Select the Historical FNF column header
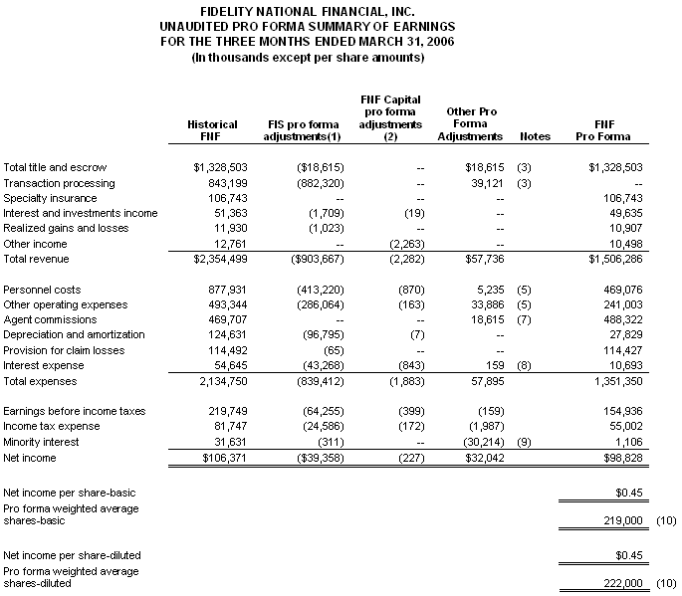pos(212,130)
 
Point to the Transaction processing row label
pos(59,183)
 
